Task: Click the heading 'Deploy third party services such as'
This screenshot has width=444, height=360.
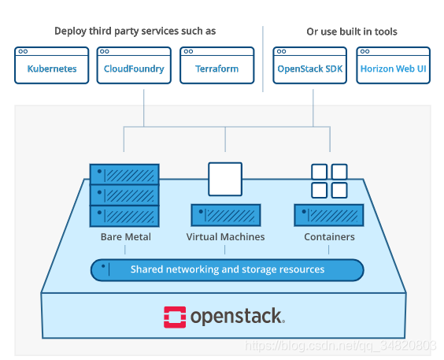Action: click(135, 32)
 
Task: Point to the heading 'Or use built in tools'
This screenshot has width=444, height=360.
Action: click(351, 32)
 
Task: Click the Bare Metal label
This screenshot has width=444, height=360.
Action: click(125, 236)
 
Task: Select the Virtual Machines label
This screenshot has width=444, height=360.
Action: click(225, 236)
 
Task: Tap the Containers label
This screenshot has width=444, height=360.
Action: click(329, 236)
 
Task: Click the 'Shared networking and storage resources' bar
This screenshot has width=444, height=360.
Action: click(227, 269)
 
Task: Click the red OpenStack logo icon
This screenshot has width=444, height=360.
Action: click(174, 317)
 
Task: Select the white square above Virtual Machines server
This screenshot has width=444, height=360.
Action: click(224, 179)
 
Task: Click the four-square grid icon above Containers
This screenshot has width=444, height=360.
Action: click(329, 180)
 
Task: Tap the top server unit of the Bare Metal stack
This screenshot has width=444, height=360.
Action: click(124, 174)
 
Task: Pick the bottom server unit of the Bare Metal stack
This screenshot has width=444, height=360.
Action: click(124, 215)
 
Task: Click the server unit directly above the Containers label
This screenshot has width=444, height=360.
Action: click(329, 215)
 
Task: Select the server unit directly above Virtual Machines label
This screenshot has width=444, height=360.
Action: click(226, 215)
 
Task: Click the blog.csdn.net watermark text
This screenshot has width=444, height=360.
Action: click(339, 346)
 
